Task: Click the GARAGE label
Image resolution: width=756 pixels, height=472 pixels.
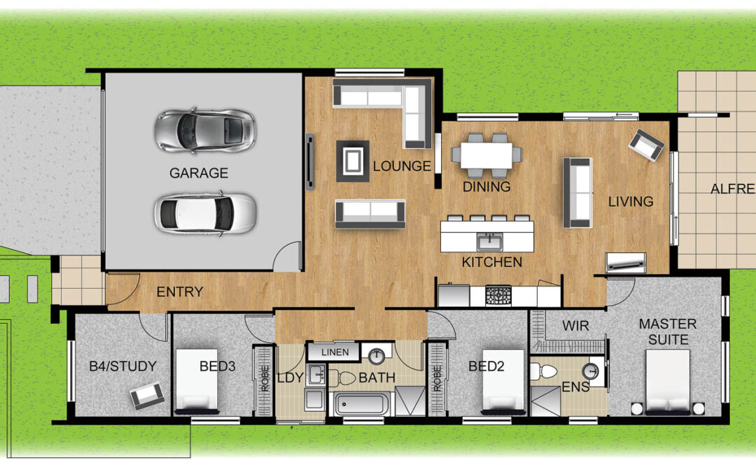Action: (199, 173)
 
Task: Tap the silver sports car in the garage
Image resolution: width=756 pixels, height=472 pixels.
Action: (204, 131)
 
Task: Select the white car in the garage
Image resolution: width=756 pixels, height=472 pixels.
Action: (205, 213)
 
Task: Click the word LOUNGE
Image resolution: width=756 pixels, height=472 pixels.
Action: (402, 166)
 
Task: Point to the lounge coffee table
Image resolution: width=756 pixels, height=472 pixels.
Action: (353, 161)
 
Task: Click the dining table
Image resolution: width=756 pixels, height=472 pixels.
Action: (486, 155)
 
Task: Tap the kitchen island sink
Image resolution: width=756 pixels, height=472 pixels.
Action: (490, 241)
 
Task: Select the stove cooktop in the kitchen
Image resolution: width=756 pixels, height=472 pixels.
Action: (498, 294)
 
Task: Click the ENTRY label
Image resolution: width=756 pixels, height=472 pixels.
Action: (180, 292)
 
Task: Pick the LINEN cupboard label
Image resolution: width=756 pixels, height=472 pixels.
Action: (335, 352)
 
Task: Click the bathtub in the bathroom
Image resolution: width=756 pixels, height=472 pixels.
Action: (362, 403)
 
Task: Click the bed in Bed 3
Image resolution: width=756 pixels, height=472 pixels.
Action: (196, 381)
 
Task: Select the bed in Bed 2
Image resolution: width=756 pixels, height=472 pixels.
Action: (503, 381)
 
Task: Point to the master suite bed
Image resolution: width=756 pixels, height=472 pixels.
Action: (668, 382)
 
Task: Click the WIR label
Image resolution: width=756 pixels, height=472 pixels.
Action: (575, 326)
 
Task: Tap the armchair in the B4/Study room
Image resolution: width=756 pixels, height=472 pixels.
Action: (147, 395)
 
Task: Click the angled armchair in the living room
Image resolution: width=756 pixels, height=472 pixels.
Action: (646, 145)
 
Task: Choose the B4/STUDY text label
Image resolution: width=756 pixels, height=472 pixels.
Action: (123, 366)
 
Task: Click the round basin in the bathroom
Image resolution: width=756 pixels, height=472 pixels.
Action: (377, 357)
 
